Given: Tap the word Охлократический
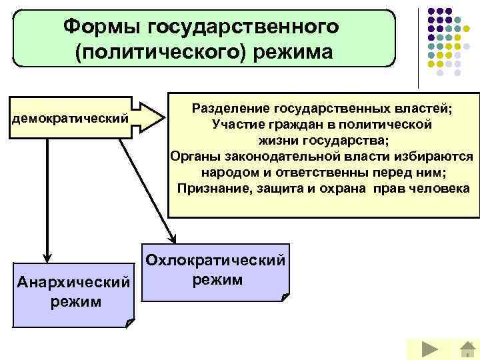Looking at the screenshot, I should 217,260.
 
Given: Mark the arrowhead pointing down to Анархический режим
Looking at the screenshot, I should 47,256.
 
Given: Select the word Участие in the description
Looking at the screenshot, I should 237,125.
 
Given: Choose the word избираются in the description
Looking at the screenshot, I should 436,157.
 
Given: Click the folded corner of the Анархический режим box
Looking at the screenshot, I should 129,323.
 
